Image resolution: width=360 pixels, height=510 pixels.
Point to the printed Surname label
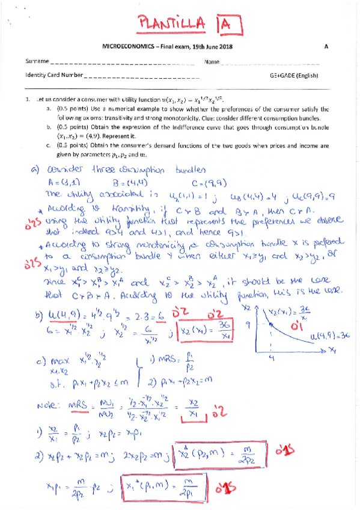click(x=37, y=62)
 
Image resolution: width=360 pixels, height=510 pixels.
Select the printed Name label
click(x=211, y=62)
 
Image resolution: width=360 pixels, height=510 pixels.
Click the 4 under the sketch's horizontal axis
click(x=271, y=359)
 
